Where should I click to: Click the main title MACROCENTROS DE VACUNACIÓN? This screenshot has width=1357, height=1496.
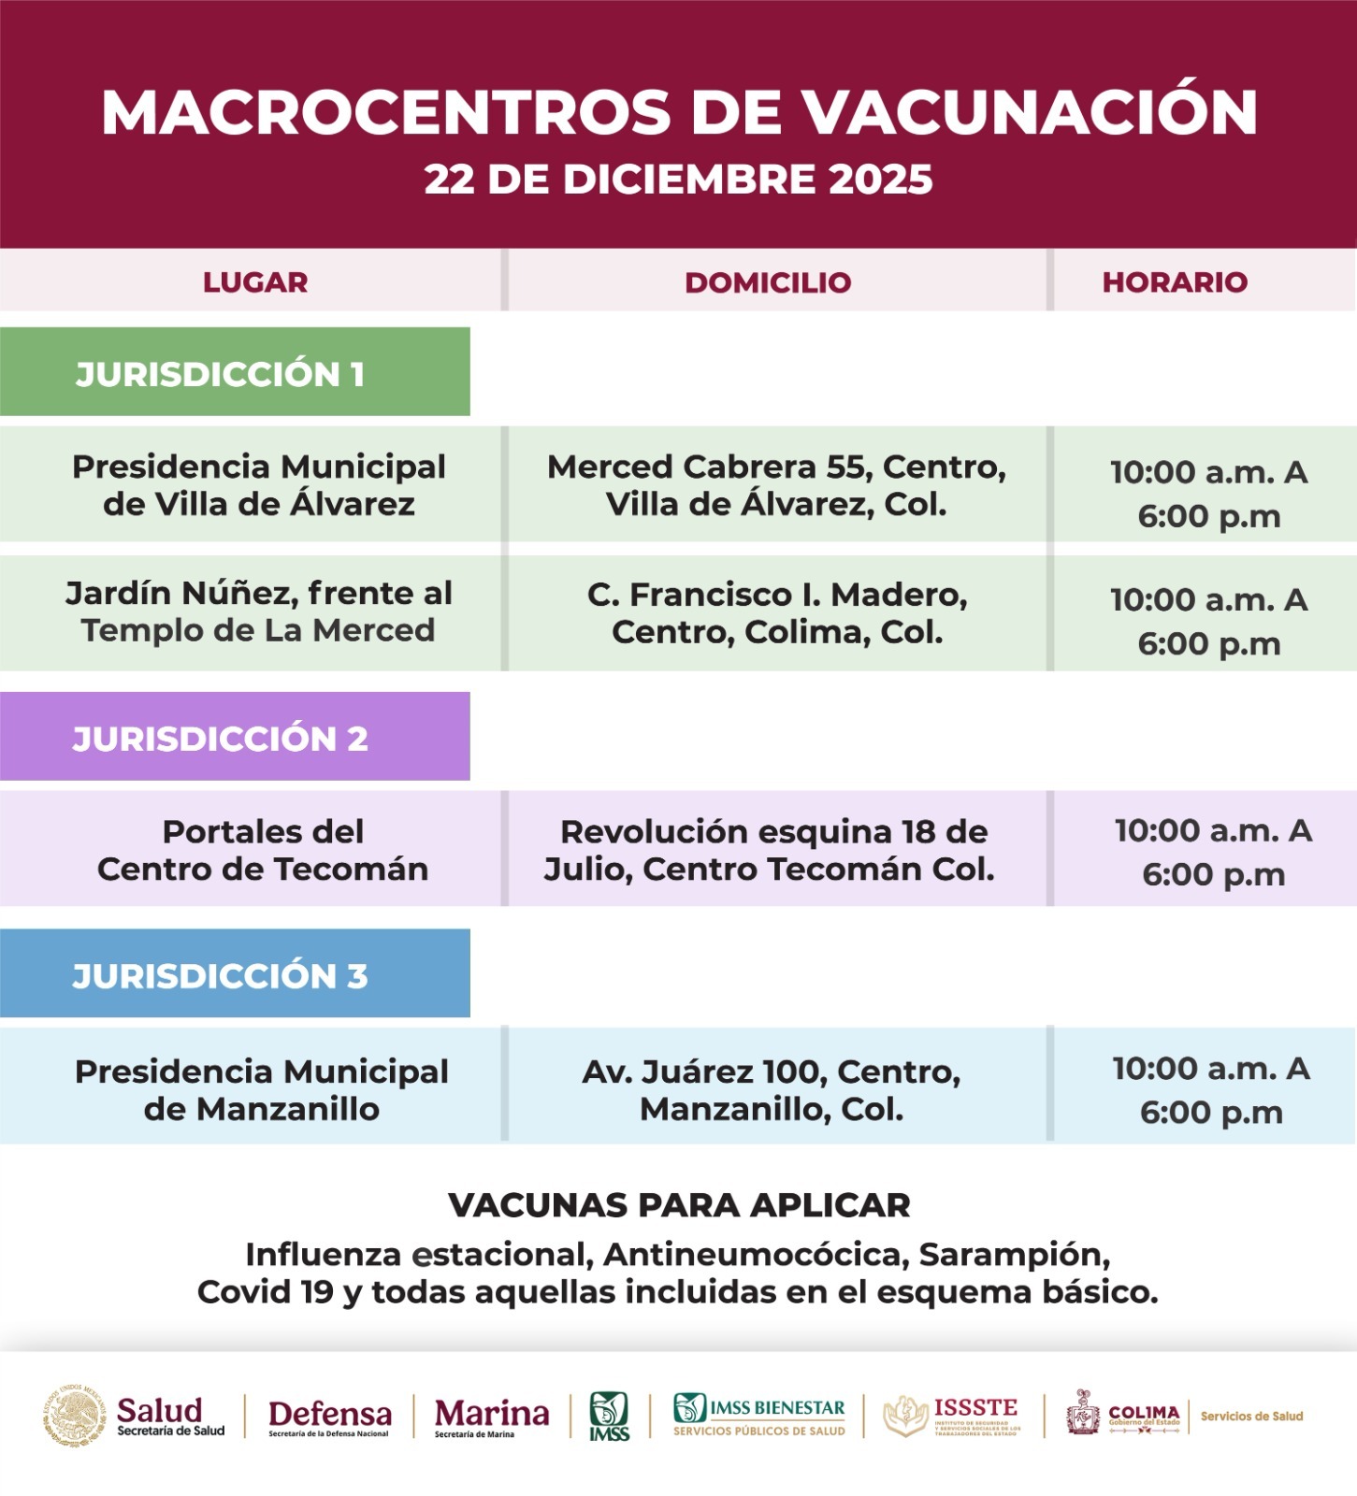coord(679,113)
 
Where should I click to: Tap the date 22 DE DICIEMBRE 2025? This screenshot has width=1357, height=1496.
coord(679,180)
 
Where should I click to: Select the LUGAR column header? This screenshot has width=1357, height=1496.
coord(255,282)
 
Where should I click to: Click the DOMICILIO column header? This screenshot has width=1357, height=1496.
coord(768,282)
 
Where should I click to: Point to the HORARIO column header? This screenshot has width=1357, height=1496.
coord(1175,282)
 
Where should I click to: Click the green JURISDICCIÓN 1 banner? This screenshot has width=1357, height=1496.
coord(234,373)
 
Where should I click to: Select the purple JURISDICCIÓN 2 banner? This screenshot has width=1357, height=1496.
coord(234,738)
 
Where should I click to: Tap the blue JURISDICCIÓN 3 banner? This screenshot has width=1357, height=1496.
coord(234,975)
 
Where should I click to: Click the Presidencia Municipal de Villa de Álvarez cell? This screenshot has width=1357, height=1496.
coord(259,485)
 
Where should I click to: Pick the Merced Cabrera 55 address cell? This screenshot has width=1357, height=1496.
coord(776,485)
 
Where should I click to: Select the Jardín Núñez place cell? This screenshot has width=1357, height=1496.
coord(258,611)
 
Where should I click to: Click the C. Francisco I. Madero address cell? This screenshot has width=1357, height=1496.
coord(776,613)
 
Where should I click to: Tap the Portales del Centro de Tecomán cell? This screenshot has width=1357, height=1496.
coord(263,850)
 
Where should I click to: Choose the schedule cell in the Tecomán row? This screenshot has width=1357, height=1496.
coord(1212,852)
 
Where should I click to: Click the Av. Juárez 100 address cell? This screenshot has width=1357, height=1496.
coord(772,1089)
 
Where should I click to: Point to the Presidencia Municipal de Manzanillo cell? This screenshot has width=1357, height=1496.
coord(262,1089)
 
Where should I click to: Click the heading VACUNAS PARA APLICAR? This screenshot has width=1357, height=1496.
coord(679,1205)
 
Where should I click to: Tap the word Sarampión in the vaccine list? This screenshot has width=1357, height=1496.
coord(1015,1254)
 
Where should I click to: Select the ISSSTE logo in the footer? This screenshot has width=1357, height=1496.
coord(952,1416)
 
